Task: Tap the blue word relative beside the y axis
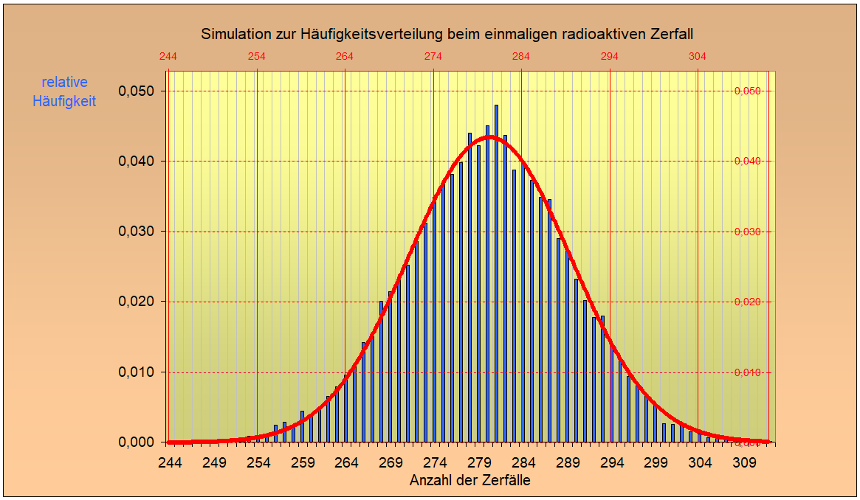[64, 83]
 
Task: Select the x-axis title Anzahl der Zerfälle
[469, 480]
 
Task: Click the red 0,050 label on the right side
[747, 91]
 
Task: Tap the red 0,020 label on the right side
[747, 302]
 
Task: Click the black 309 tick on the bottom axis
[744, 463]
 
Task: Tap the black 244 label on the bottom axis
[171, 463]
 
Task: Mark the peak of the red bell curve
[491, 136]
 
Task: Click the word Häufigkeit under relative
[64, 102]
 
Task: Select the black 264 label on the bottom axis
[346, 463]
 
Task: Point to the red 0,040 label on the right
[747, 162]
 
